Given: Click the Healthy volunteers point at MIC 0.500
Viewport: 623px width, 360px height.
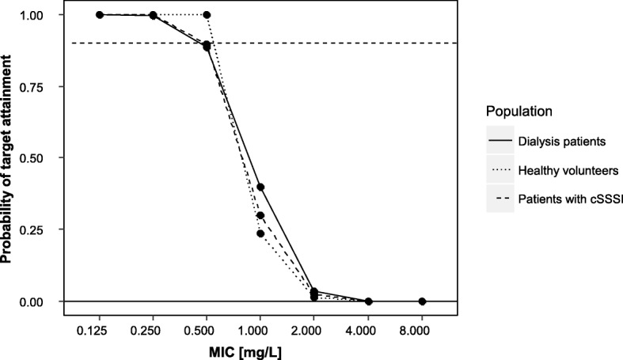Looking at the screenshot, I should tap(207, 15).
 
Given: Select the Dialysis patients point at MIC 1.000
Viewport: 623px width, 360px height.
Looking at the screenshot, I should tap(260, 188).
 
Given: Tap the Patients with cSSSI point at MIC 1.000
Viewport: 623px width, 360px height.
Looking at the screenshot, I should tap(260, 215).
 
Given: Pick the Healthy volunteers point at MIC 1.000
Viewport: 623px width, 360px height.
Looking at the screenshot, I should tap(260, 233).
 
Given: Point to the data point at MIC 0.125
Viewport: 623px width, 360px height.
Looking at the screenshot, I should tap(100, 15).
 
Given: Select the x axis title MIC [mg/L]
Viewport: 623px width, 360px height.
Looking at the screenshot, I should tap(260, 351).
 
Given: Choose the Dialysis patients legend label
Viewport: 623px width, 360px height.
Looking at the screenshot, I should tap(561, 142).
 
